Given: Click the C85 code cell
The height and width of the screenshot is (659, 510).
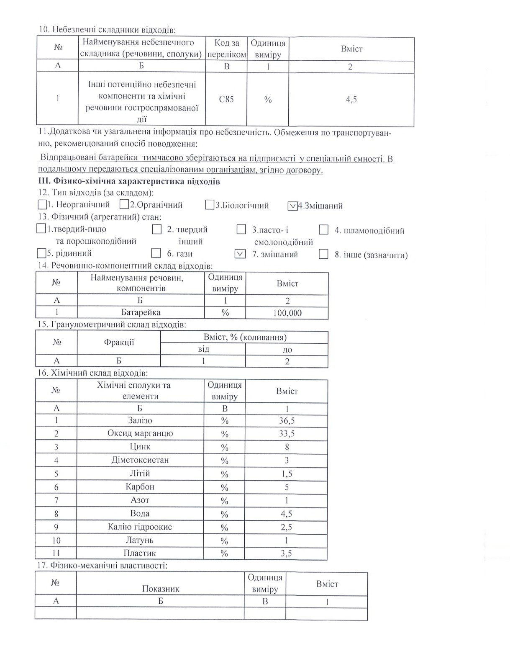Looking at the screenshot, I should click(x=226, y=100).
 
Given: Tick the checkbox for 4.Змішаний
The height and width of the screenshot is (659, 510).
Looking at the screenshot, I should click(x=293, y=206).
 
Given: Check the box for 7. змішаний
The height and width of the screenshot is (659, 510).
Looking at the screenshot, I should click(x=240, y=254).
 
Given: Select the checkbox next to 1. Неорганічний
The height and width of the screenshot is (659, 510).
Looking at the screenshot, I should click(x=42, y=205).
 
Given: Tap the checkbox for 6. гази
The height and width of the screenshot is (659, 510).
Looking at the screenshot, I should click(x=156, y=253).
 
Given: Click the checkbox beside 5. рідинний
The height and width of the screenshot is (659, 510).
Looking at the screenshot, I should click(x=41, y=253).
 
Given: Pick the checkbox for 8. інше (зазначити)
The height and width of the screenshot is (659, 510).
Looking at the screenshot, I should click(x=323, y=254).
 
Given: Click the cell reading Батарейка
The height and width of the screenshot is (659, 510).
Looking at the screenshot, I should click(x=141, y=312).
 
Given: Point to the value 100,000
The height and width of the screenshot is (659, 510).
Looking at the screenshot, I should click(x=287, y=313).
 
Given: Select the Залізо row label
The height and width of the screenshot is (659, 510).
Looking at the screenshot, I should click(x=140, y=420).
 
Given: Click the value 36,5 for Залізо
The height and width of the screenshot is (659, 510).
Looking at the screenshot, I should click(x=287, y=420).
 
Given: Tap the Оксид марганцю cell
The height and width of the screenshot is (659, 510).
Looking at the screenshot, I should click(x=140, y=433).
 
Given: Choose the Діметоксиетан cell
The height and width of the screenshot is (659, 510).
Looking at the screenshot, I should click(x=140, y=460).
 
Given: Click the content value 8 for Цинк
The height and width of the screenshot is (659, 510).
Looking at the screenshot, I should click(x=287, y=447).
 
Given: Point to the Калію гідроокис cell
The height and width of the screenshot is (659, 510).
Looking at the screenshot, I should click(x=140, y=527).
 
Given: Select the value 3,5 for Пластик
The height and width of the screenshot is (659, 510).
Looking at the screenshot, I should click(x=287, y=553).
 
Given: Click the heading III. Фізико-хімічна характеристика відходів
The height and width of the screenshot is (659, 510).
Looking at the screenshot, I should click(x=129, y=182).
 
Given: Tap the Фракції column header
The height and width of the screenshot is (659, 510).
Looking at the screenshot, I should click(x=119, y=342).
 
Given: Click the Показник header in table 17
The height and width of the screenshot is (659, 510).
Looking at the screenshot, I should click(x=161, y=589).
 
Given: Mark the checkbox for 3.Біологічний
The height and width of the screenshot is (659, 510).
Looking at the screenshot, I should click(x=210, y=205).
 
